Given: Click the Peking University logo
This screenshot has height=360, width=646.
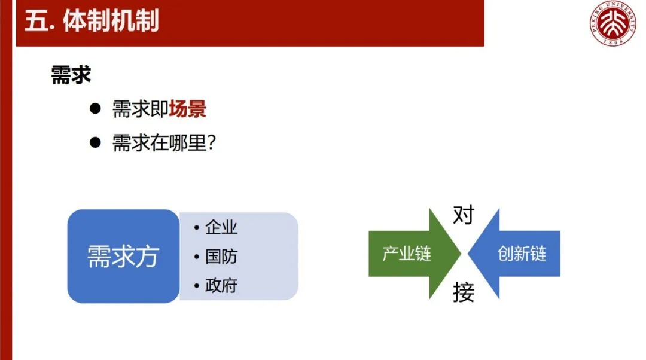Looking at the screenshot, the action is click(x=613, y=23).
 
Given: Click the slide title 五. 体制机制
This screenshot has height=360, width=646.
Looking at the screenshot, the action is click(x=92, y=20).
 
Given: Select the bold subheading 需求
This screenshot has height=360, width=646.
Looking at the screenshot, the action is click(x=71, y=75).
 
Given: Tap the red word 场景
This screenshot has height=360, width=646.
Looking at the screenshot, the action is click(x=187, y=109).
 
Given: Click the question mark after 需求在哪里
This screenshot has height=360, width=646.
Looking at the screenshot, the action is click(x=211, y=142).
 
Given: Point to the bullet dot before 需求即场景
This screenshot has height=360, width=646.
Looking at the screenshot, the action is click(x=95, y=109).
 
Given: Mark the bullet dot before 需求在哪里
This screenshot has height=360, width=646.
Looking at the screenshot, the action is click(x=95, y=142).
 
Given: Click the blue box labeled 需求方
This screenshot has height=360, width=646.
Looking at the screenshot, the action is click(x=123, y=256).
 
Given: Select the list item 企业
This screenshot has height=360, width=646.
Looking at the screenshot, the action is click(x=221, y=227).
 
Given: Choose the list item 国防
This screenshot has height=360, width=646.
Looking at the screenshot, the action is click(x=221, y=256).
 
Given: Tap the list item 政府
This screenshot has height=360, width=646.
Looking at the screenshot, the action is click(x=221, y=285).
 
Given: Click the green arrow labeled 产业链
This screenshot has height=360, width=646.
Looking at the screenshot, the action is click(x=415, y=254).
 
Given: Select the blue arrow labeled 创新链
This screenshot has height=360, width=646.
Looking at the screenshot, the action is click(x=514, y=254).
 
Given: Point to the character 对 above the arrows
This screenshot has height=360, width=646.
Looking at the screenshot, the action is click(x=464, y=215).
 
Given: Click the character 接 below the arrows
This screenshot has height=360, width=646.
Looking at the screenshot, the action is click(x=464, y=292).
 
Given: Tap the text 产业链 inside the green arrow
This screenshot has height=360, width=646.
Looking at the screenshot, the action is click(x=407, y=254).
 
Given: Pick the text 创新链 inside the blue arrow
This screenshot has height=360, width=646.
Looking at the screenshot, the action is click(x=522, y=254).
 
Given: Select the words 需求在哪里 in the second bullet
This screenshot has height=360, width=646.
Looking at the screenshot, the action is click(x=160, y=142).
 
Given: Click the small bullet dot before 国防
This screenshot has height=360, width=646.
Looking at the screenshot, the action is click(x=197, y=257).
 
